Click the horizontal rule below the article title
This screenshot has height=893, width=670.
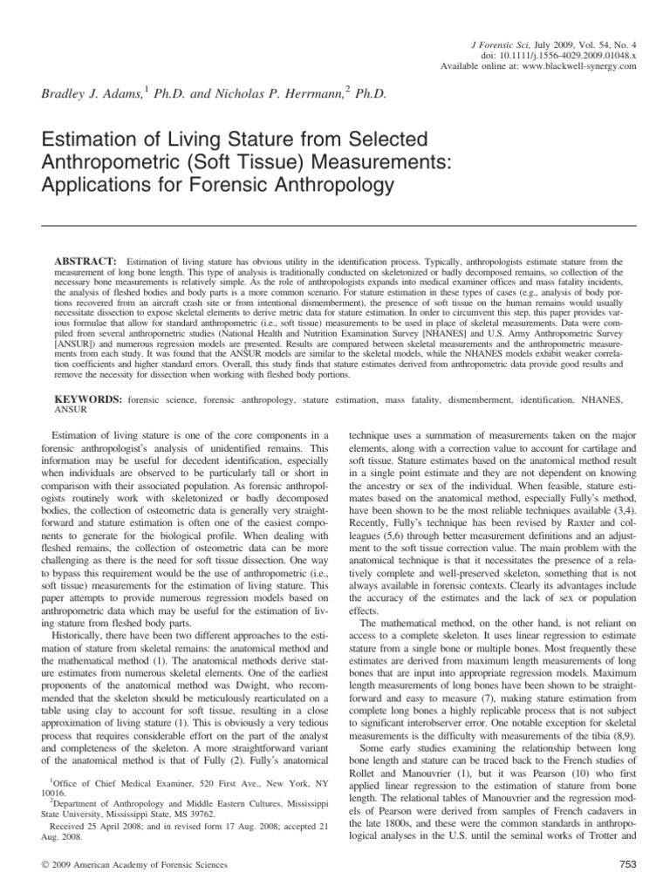click(x=334, y=226)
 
